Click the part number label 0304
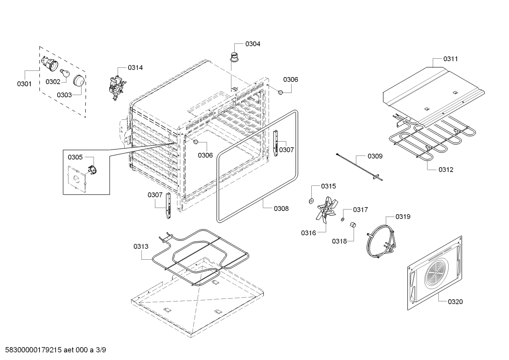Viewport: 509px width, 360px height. coord(253,44)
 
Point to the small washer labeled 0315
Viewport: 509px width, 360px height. coord(311,201)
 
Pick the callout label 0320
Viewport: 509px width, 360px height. coord(455,301)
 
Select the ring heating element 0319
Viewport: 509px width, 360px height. coord(380,243)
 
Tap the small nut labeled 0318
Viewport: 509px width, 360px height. coord(352,225)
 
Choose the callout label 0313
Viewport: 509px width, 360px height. coord(141,246)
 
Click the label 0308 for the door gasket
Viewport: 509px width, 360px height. coord(281,208)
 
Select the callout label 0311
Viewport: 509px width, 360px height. coord(450,59)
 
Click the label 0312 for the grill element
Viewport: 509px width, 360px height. coord(446,169)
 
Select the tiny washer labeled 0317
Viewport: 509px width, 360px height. coord(342,219)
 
